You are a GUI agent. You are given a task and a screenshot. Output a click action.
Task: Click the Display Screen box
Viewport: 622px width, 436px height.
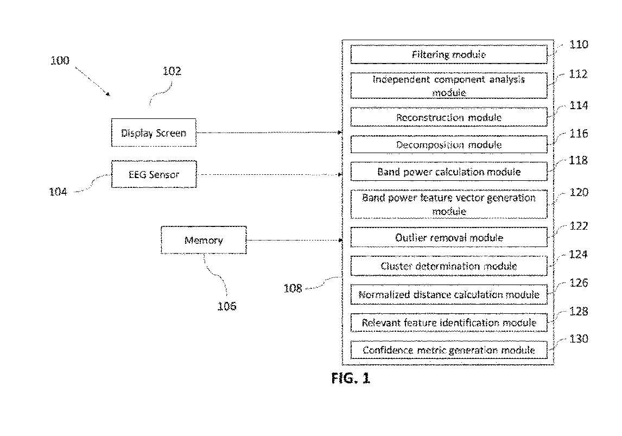point(154,132)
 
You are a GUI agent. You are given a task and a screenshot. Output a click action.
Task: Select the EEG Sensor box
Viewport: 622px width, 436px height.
point(154,174)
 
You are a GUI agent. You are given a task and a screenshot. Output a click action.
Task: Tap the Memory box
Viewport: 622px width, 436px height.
point(204,240)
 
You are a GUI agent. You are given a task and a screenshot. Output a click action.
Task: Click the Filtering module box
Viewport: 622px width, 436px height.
point(449,54)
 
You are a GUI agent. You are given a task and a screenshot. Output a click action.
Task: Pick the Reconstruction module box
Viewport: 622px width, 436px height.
point(449,117)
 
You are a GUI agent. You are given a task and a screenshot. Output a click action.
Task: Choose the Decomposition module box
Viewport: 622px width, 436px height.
point(449,144)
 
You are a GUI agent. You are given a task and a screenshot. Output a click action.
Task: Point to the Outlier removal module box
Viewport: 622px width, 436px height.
point(449,237)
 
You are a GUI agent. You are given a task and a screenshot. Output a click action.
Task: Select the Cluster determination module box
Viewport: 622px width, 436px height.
point(449,266)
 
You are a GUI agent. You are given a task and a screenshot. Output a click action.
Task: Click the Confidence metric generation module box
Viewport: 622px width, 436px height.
point(449,350)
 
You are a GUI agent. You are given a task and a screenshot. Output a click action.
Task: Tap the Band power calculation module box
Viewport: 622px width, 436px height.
point(449,172)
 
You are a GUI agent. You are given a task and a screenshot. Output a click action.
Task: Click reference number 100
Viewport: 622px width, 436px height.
point(60,60)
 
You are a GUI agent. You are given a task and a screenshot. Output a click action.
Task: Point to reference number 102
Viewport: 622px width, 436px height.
point(172,71)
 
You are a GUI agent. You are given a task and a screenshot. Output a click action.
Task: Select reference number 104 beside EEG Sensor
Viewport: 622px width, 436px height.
point(58,192)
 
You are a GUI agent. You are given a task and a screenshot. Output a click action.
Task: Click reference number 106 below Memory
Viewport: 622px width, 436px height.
point(226,306)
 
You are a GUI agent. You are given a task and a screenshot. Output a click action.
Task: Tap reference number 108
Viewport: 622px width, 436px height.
point(293,288)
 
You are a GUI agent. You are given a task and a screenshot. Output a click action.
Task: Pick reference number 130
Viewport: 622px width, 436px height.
point(579,339)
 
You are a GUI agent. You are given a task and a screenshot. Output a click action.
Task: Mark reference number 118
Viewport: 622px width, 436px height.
point(579,160)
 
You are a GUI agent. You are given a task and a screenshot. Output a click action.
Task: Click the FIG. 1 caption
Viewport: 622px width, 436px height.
point(351,378)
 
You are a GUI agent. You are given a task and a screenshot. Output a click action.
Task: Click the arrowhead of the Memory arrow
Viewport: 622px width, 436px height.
point(340,240)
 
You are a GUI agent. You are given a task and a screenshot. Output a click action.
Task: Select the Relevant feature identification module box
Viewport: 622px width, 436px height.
point(449,323)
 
